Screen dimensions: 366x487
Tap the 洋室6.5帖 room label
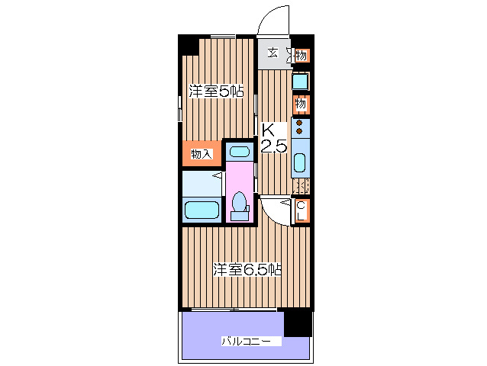(247, 269)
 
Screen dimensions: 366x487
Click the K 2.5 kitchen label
(274, 138)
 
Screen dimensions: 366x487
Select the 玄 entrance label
(273, 54)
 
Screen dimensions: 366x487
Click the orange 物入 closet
(201, 154)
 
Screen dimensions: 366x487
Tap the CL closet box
(302, 211)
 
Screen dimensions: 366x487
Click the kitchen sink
(300, 162)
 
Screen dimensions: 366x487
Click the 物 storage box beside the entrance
(302, 55)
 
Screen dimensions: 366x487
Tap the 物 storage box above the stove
(302, 104)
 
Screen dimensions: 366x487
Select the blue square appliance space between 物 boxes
(301, 80)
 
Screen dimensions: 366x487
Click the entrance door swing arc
(273, 21)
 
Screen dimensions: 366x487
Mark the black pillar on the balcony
(297, 323)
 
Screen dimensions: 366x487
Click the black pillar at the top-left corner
(188, 45)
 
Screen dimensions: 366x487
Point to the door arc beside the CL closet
(276, 210)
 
